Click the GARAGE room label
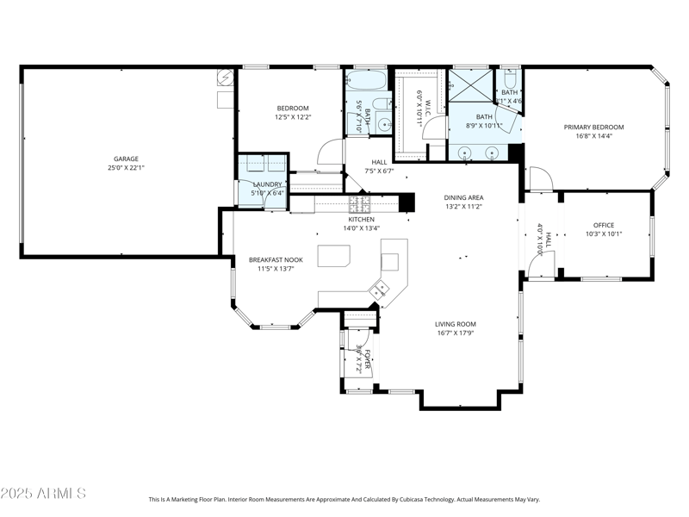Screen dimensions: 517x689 (x=126, y=159)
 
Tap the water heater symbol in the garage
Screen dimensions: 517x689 (x=226, y=78)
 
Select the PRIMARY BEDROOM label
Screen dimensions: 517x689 (x=593, y=128)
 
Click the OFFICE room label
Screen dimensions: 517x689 (x=603, y=225)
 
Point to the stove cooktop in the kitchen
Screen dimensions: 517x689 (x=358, y=204)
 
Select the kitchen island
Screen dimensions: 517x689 (x=333, y=256)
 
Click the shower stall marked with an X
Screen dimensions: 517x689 (x=469, y=85)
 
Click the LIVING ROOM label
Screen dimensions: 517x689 (x=456, y=324)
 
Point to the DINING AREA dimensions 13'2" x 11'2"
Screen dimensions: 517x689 (x=463, y=207)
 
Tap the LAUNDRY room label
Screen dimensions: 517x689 (x=267, y=184)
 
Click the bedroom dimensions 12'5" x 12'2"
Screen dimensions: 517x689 (x=292, y=117)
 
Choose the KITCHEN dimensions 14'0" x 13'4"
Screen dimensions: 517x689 (x=361, y=228)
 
